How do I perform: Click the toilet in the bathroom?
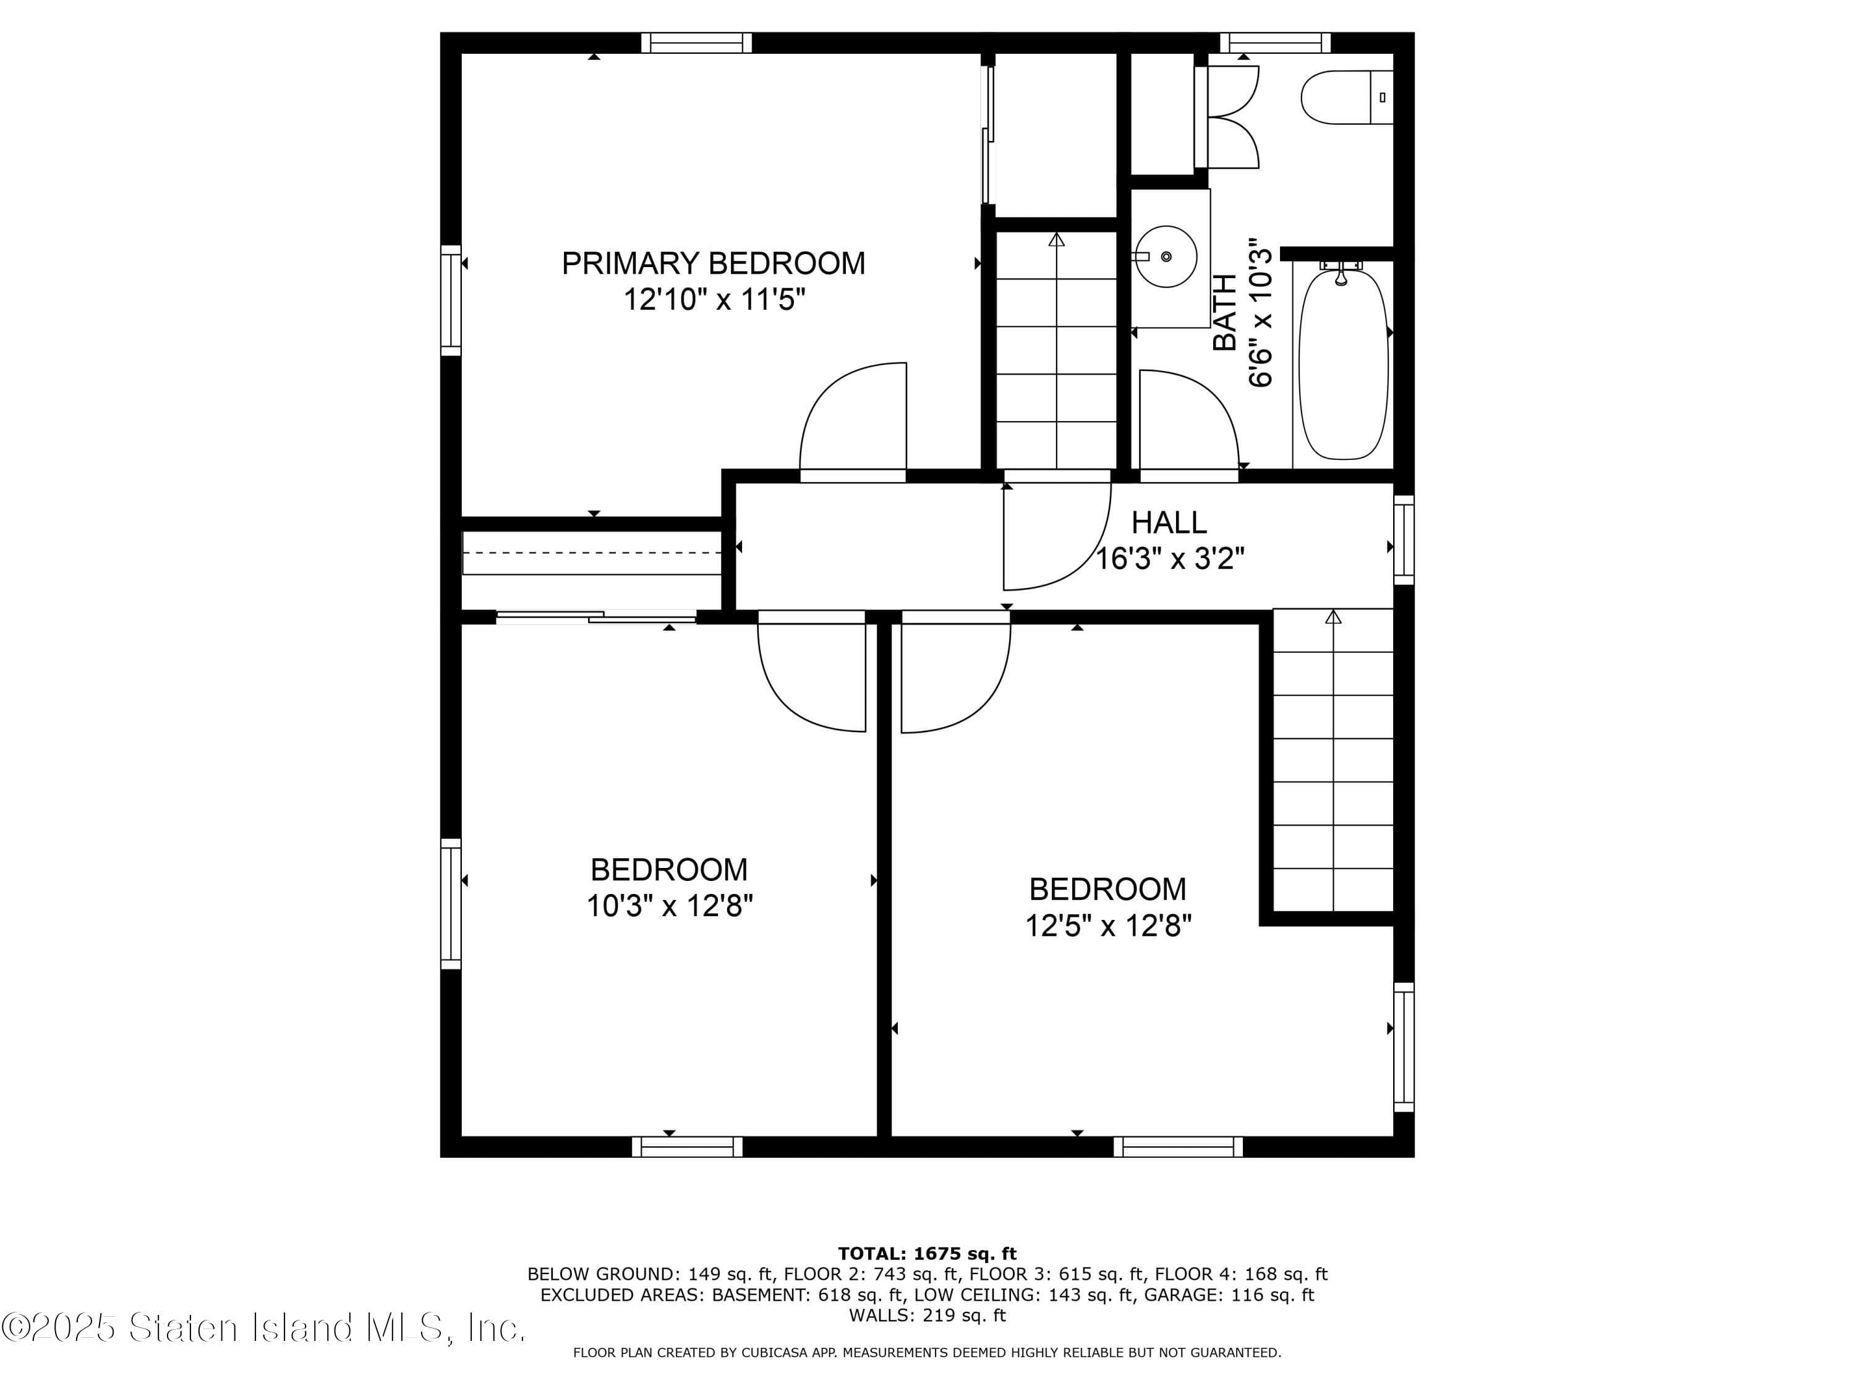pyautogui.click(x=1346, y=97)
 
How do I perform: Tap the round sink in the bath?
pyautogui.click(x=1166, y=257)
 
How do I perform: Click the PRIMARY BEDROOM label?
pyautogui.click(x=713, y=263)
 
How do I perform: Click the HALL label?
pyautogui.click(x=1169, y=522)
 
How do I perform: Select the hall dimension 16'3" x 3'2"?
pyautogui.click(x=1171, y=558)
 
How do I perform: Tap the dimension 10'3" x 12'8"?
pyautogui.click(x=669, y=906)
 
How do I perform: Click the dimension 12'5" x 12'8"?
pyautogui.click(x=1108, y=925)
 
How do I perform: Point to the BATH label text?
pyautogui.click(x=1225, y=313)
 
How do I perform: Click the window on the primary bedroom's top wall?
pyautogui.click(x=697, y=43)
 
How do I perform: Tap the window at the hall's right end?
pyautogui.click(x=1404, y=540)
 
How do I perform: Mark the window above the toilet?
pyautogui.click(x=1274, y=43)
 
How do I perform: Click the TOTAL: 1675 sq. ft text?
pyautogui.click(x=927, y=1254)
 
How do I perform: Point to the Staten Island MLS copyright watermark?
pyautogui.click(x=263, y=1328)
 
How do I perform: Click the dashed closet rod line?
pyautogui.click(x=592, y=553)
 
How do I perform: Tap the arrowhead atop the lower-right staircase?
pyautogui.click(x=1333, y=617)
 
